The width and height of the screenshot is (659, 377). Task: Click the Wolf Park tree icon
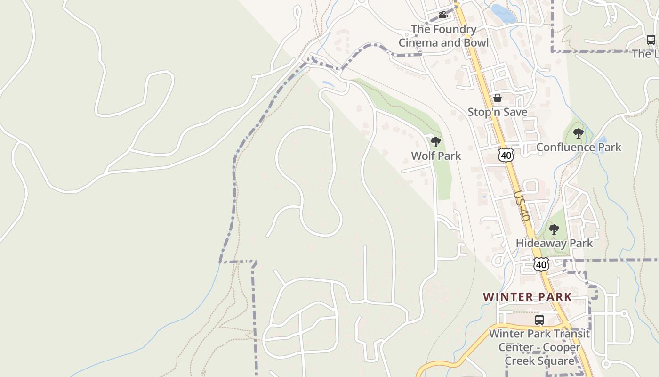point(436,141)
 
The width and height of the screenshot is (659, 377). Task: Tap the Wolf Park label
point(436,156)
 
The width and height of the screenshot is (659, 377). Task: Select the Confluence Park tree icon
point(579,133)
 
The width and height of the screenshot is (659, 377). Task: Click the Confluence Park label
point(579,148)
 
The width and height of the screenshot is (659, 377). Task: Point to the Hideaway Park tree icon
point(554,229)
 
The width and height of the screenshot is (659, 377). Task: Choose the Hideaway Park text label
point(554,244)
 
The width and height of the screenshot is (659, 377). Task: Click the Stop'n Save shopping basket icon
point(497,98)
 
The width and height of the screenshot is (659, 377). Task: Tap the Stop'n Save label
point(497,112)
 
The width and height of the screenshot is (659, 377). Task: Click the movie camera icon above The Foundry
point(442,15)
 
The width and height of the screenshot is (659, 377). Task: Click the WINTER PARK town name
point(527,297)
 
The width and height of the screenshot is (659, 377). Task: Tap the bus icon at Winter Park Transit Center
point(539,320)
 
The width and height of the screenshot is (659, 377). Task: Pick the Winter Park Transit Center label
point(539,347)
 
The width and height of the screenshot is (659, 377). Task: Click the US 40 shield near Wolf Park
point(506,155)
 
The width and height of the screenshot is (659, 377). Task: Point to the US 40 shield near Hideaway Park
point(541,265)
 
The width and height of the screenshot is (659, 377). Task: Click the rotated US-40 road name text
point(522,206)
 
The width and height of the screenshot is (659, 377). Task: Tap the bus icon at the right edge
point(651,40)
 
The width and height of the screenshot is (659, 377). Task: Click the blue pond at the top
point(503,14)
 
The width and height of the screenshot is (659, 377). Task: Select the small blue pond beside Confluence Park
point(602,140)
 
